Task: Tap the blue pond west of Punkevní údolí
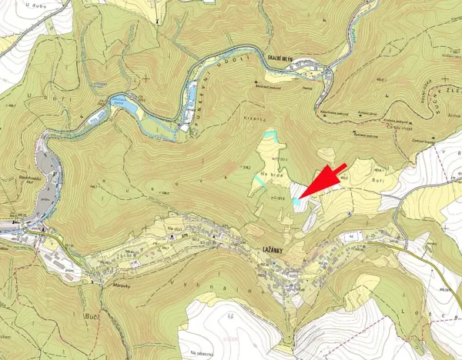(x=123, y=103)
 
